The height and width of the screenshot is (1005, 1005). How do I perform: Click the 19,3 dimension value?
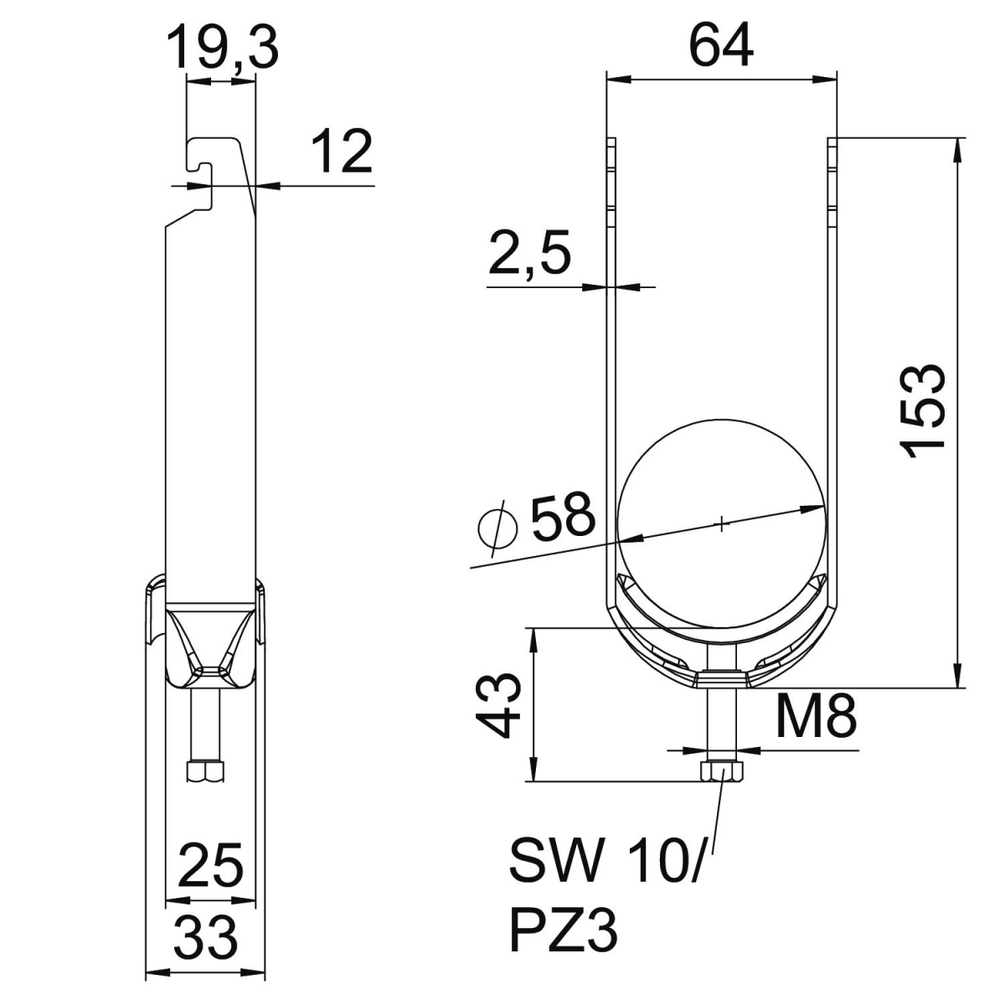[222, 49]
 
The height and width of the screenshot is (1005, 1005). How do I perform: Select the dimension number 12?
[342, 152]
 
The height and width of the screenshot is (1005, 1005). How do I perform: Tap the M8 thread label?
[815, 718]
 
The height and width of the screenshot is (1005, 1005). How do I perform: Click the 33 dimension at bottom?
[206, 937]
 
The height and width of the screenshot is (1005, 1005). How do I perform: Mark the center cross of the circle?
[721, 524]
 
